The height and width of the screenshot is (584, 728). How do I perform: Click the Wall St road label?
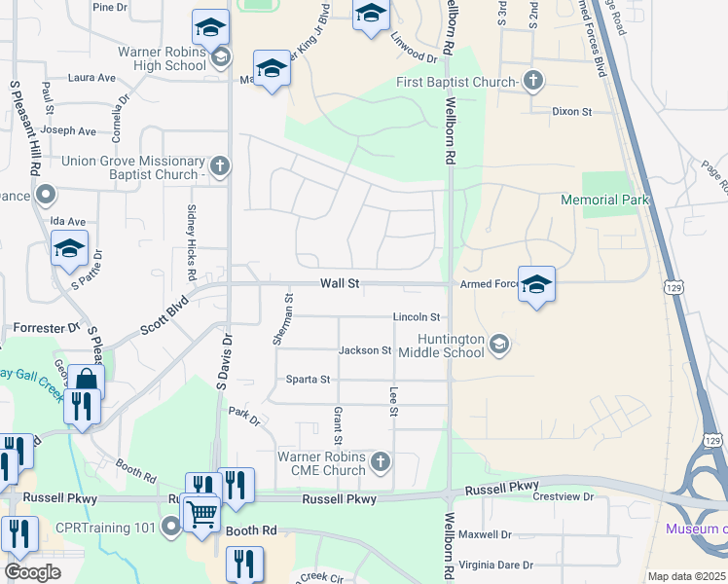341,283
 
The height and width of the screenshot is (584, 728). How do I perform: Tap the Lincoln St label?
417,317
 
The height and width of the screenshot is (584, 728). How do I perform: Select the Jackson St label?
365,350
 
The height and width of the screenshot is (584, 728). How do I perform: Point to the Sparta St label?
308,379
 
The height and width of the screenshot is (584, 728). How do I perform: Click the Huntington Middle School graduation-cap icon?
499,343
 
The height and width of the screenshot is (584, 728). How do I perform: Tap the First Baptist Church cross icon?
532,81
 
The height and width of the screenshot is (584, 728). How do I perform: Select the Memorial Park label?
603,200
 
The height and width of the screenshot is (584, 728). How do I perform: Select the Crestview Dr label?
563,497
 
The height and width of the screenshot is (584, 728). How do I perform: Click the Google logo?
32,572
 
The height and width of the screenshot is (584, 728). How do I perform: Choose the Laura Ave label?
92,78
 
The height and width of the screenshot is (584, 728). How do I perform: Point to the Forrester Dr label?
46,328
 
